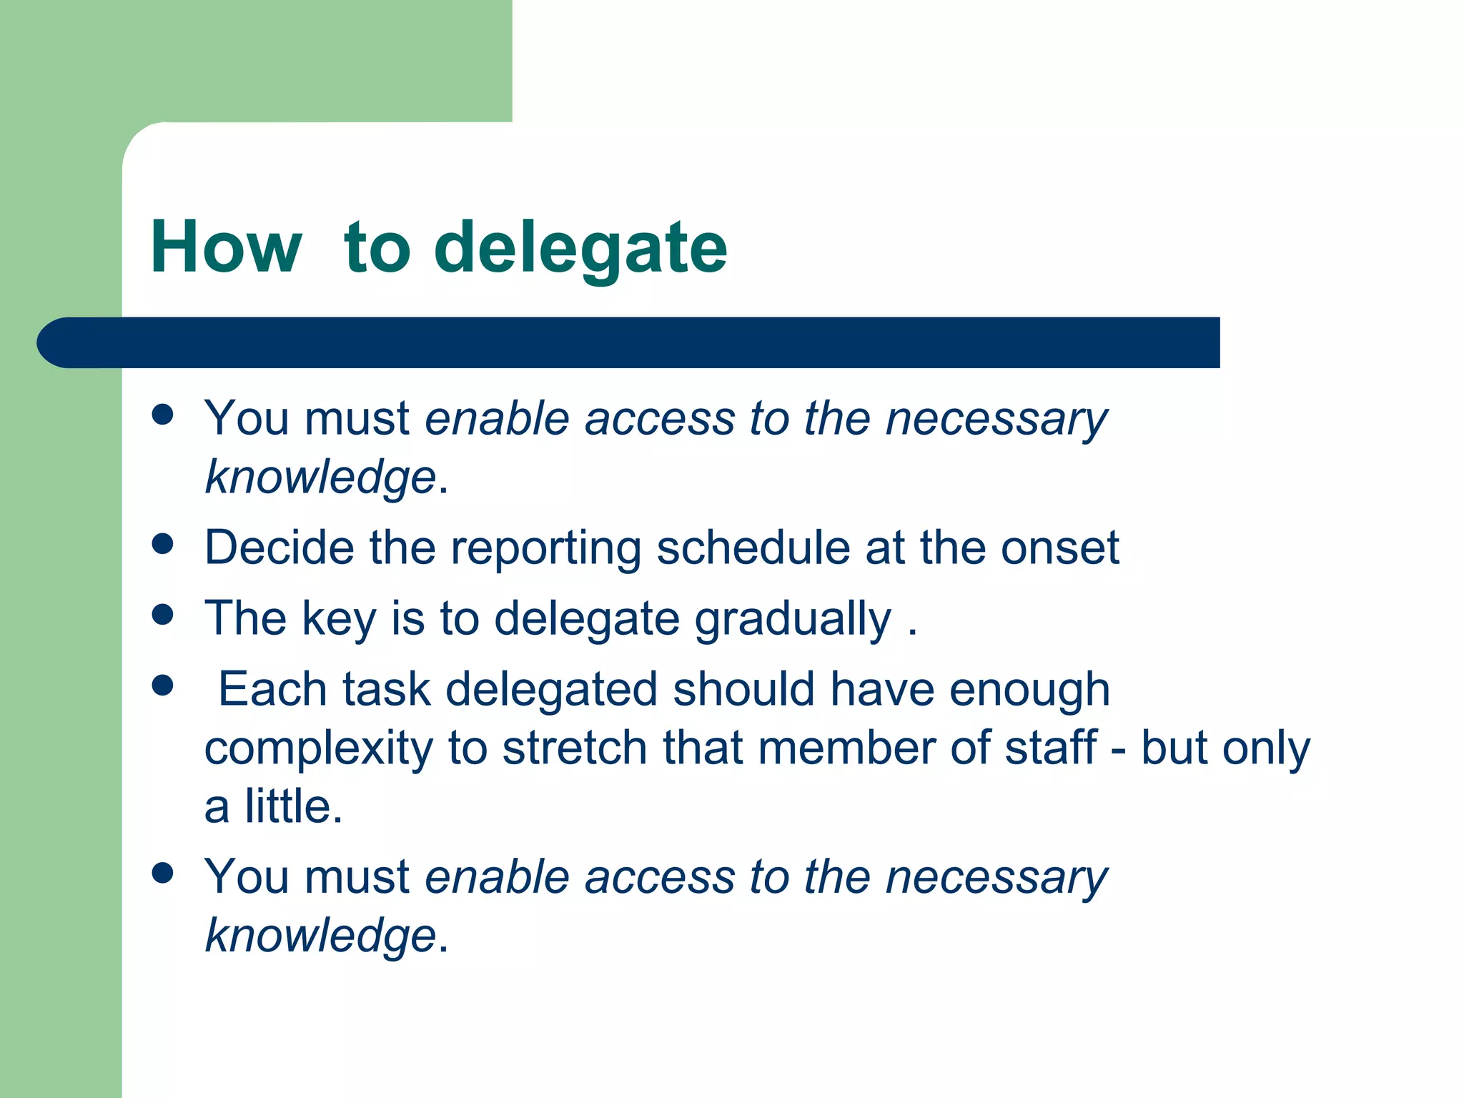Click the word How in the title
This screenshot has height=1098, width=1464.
(226, 247)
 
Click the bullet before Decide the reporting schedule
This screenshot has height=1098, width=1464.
(163, 544)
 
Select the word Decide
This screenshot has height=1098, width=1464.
(280, 548)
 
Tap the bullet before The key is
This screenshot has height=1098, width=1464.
(163, 615)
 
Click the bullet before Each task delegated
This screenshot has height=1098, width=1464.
(163, 686)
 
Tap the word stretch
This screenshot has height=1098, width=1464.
(574, 748)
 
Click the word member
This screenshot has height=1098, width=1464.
(846, 748)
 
